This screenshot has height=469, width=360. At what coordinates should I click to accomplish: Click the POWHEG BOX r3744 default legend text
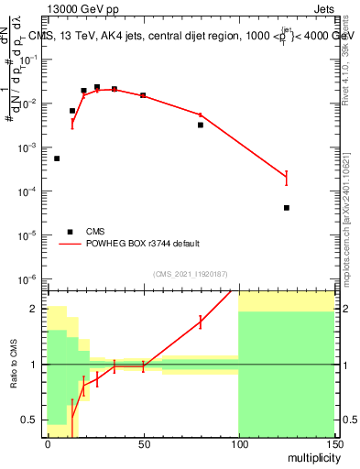pyautogui.click(x=143, y=244)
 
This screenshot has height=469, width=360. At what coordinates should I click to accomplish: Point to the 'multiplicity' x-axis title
pyautogui.click(x=309, y=456)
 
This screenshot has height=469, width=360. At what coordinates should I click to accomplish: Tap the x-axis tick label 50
pyautogui.click(x=143, y=443)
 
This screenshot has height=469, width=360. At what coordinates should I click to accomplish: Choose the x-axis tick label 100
pyautogui.click(x=238, y=443)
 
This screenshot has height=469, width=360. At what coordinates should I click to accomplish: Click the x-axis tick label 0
pyautogui.click(x=48, y=443)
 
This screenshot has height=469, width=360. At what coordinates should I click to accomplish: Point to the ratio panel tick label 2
pyautogui.click(x=38, y=309)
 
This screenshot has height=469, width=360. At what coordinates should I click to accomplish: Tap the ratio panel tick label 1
pyautogui.click(x=38, y=365)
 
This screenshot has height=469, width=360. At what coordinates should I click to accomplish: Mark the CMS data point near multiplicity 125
pyautogui.click(x=287, y=208)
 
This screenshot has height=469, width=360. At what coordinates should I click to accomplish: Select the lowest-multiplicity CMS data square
pyautogui.click(x=57, y=158)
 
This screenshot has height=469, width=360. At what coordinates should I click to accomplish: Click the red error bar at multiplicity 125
pyautogui.click(x=287, y=178)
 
